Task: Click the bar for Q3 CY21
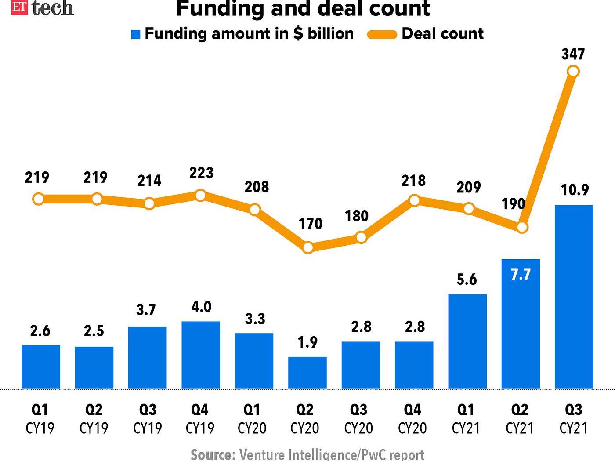click(x=574, y=297)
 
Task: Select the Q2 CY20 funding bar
click(x=307, y=373)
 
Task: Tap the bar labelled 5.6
click(x=467, y=341)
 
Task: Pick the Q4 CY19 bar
click(x=201, y=355)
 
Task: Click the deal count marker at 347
click(x=573, y=71)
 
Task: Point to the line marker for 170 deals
click(x=308, y=247)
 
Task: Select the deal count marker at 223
click(x=200, y=195)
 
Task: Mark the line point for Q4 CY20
click(x=414, y=200)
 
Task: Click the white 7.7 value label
click(x=521, y=274)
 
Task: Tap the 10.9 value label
click(x=575, y=190)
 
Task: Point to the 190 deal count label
click(x=513, y=203)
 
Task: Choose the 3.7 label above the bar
click(x=146, y=310)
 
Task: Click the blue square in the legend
click(x=136, y=34)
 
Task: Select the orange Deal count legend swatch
click(x=382, y=34)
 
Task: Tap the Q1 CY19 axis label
click(x=40, y=418)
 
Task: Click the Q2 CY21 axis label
click(x=520, y=418)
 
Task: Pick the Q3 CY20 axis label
click(x=358, y=418)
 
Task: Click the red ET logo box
click(x=19, y=7)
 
